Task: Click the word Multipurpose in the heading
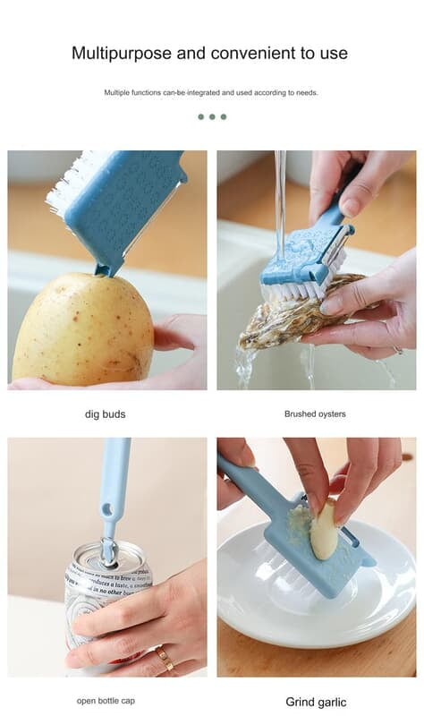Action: coord(121,53)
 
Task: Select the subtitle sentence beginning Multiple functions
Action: coord(211,92)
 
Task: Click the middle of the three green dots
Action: coord(212,116)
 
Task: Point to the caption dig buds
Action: coord(106,413)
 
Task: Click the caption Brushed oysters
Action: coord(315,413)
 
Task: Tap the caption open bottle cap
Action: coord(106,701)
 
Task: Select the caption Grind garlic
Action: coord(316,702)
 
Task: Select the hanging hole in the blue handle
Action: coord(108,509)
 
